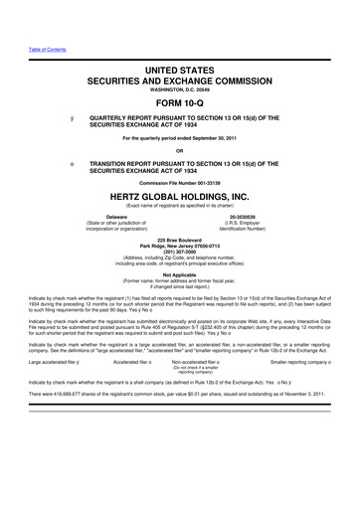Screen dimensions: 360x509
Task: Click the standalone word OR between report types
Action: pos(180,150)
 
